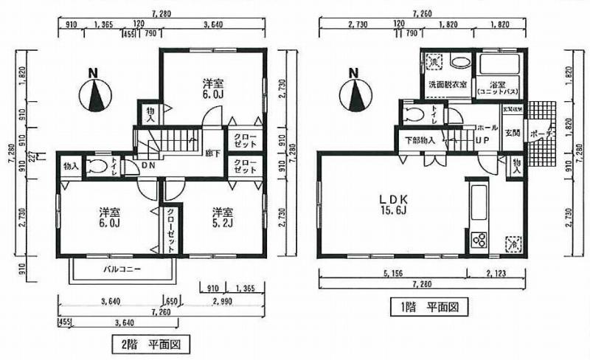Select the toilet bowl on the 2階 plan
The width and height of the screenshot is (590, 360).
(94, 166)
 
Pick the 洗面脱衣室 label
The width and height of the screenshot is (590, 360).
(448, 86)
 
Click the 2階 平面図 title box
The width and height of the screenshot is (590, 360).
(150, 344)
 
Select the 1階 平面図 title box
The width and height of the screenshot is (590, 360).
(426, 305)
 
